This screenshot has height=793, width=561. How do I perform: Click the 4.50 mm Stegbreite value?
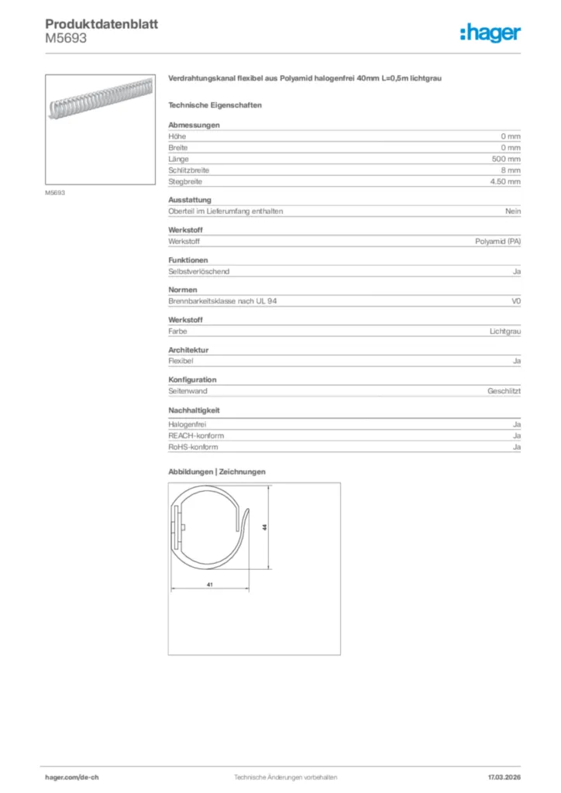pyautogui.click(x=505, y=181)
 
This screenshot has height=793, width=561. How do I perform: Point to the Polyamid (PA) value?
pyautogui.click(x=497, y=242)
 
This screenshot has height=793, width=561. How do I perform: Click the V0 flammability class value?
pyautogui.click(x=516, y=301)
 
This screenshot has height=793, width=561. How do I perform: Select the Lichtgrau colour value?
pyautogui.click(x=504, y=331)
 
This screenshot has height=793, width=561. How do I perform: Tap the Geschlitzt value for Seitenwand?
pyautogui.click(x=504, y=392)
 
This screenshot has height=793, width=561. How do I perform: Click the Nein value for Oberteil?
pyautogui.click(x=513, y=211)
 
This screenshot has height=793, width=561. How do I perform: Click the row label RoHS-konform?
pyautogui.click(x=193, y=447)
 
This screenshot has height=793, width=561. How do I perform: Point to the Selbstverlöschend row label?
pyautogui.click(x=199, y=272)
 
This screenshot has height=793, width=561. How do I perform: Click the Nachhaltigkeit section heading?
pyautogui.click(x=194, y=410)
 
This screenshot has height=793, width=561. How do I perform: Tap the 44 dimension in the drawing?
pyautogui.click(x=265, y=527)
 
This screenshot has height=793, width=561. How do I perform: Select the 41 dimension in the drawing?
pyautogui.click(x=210, y=585)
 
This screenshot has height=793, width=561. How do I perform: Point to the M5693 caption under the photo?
pyautogui.click(x=55, y=193)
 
